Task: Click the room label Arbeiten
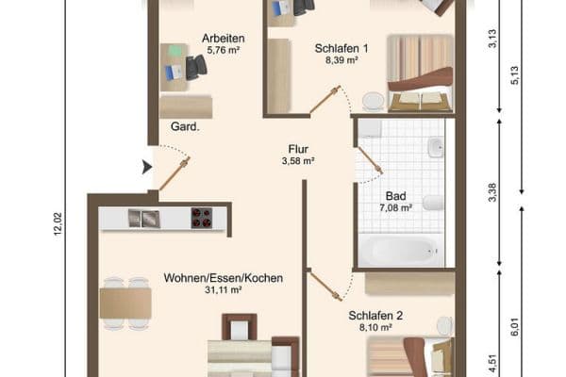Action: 224,38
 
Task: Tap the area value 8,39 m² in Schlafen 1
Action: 340,59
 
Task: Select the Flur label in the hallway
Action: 298,148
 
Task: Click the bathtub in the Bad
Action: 397,250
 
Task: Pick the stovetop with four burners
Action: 202,218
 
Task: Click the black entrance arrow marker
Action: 146,168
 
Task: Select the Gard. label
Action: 185,126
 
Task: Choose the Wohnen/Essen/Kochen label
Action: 224,278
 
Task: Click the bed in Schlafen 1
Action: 421,73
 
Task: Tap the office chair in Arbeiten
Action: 196,67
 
